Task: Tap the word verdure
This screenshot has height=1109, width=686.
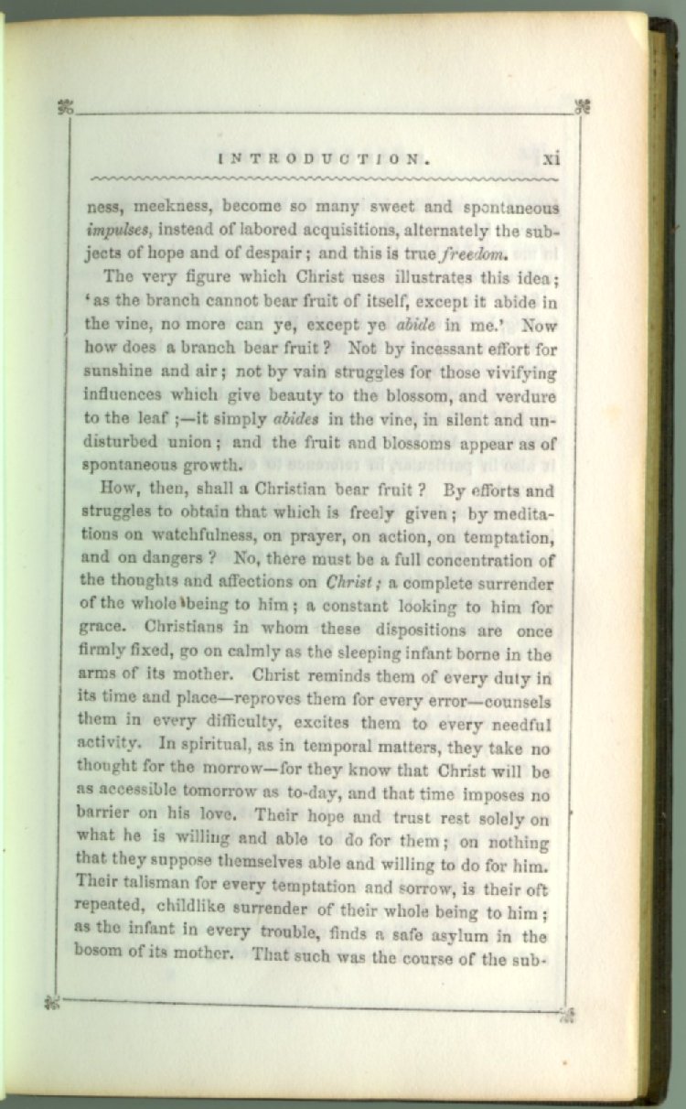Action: point(530,397)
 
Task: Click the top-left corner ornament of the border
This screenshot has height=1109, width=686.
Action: point(64,107)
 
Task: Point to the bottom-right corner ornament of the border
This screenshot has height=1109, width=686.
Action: point(566,1013)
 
